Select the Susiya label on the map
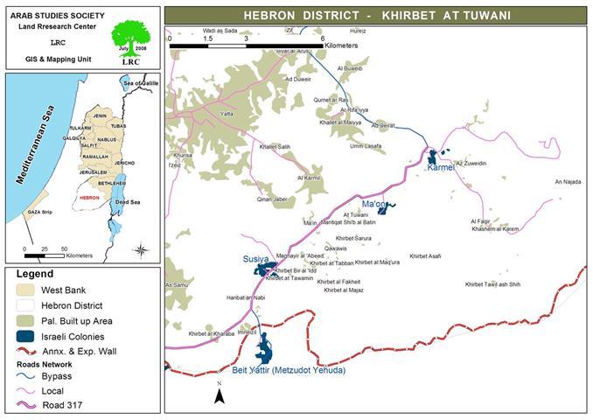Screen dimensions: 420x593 click(x=257, y=260)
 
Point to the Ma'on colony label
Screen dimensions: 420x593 click(x=374, y=204)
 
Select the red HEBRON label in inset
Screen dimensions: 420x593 click(x=89, y=198)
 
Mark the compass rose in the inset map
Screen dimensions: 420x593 click(x=140, y=250)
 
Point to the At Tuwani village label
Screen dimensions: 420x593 click(x=356, y=214)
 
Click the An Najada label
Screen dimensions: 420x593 click(x=568, y=182)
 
